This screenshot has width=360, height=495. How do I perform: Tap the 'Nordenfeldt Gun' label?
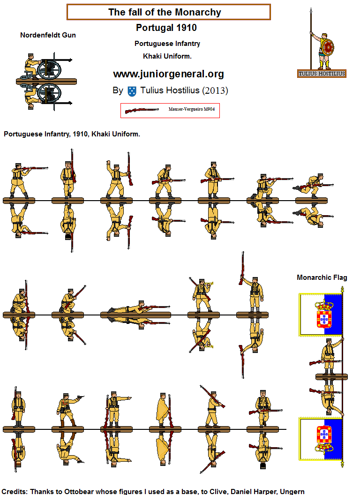(x=48, y=35)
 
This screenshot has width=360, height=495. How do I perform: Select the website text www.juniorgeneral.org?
(x=168, y=74)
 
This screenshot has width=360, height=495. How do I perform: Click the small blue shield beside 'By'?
(x=132, y=90)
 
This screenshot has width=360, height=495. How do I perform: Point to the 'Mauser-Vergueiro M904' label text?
(x=191, y=109)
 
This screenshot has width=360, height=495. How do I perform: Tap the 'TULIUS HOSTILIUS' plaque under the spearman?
(x=322, y=73)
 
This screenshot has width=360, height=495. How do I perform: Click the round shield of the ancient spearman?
(x=328, y=47)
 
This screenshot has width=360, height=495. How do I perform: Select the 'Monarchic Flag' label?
(x=322, y=277)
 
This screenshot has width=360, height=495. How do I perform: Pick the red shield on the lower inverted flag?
(x=322, y=435)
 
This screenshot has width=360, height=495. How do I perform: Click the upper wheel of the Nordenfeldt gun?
(x=49, y=70)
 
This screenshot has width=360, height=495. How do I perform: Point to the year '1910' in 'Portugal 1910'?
(x=187, y=28)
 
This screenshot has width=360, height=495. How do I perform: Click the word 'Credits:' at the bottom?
(x=15, y=491)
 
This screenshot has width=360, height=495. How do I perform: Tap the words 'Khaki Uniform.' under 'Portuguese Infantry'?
(x=167, y=56)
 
